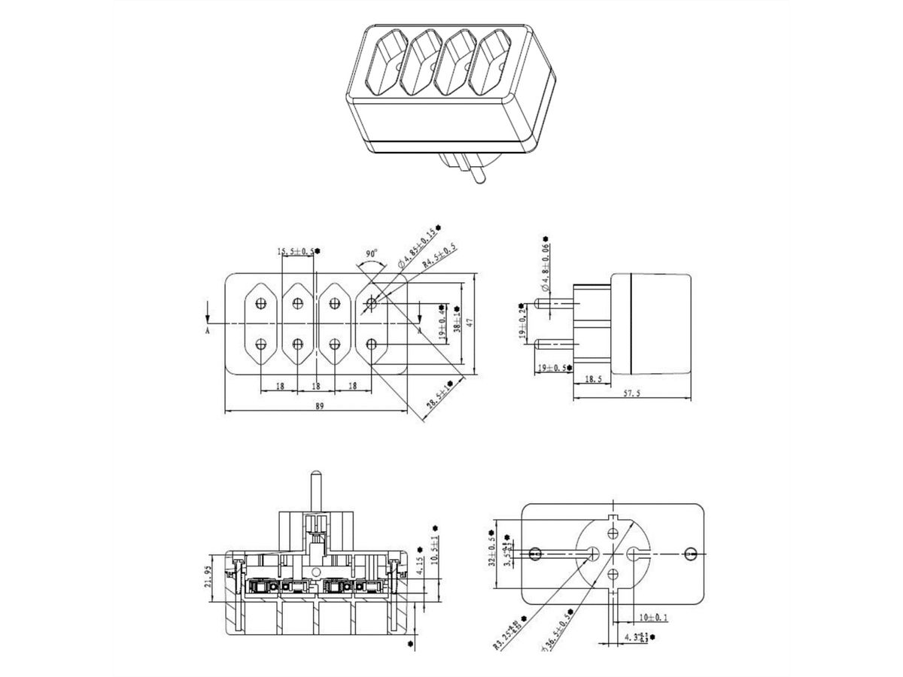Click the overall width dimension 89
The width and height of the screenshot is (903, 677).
pos(320,406)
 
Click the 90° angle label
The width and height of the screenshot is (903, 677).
pos(371,255)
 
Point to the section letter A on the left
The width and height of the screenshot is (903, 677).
pos(207,329)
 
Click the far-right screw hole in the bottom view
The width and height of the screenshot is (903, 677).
pos(690,554)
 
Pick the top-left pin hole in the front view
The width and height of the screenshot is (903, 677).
pos(261,304)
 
